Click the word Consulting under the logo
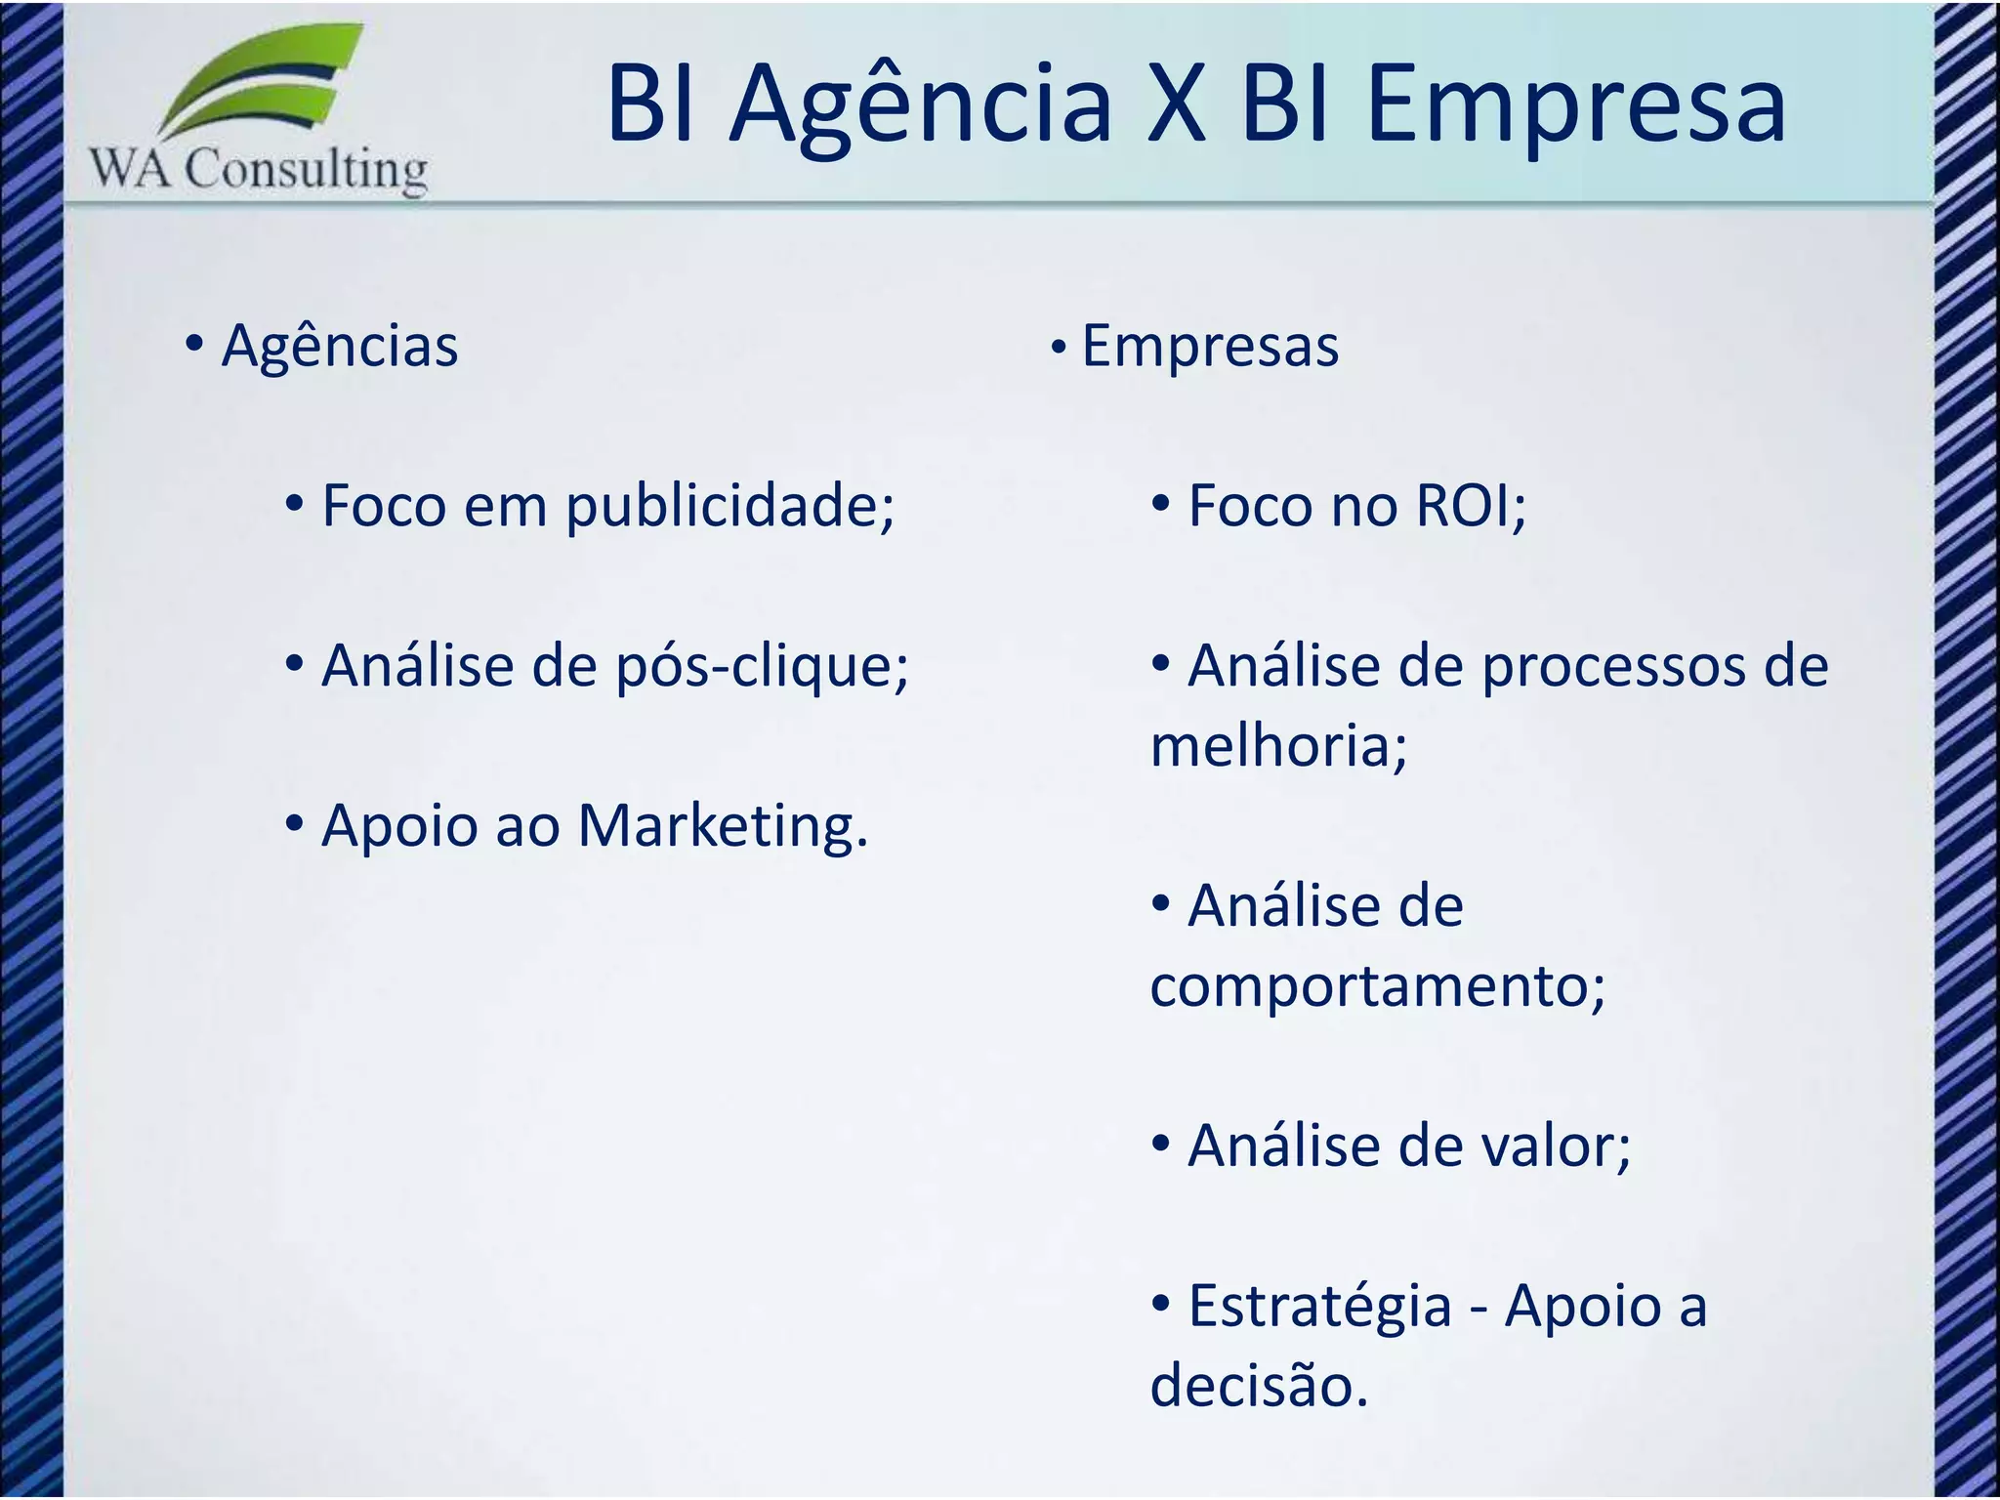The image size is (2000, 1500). pyautogui.click(x=306, y=169)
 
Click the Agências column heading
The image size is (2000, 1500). pyautogui.click(x=339, y=346)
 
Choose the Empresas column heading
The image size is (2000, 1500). pyautogui.click(x=1210, y=346)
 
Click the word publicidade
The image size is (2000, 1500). pyautogui.click(x=729, y=507)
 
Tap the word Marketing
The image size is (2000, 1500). pyautogui.click(x=722, y=826)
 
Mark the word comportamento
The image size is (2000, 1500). pyautogui.click(x=1376, y=986)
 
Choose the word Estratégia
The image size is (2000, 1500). pyautogui.click(x=1319, y=1307)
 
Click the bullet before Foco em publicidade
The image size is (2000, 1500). pyautogui.click(x=294, y=505)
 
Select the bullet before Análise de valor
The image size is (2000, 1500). pyautogui.click(x=1160, y=1144)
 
